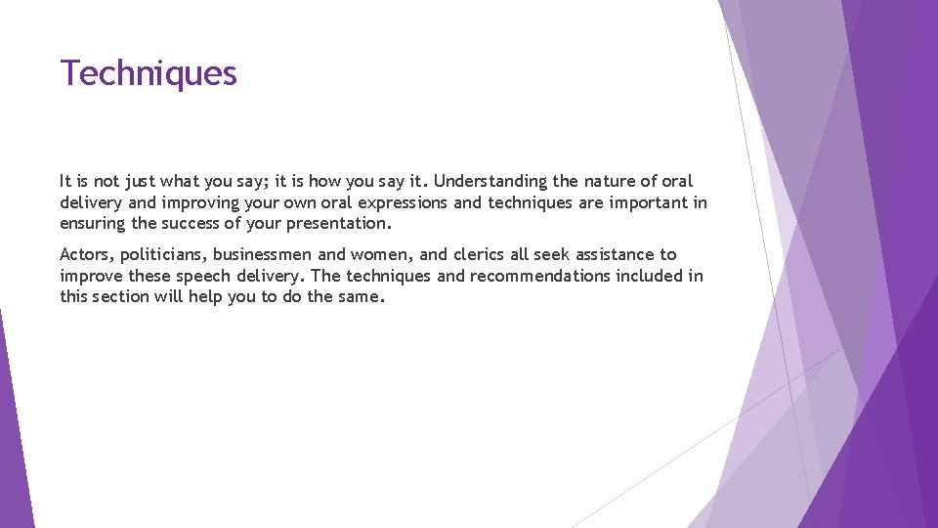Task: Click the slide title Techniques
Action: pyautogui.click(x=149, y=73)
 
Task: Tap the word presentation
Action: pyautogui.click(x=338, y=224)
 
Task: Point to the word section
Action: pyautogui.click(x=120, y=296)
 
